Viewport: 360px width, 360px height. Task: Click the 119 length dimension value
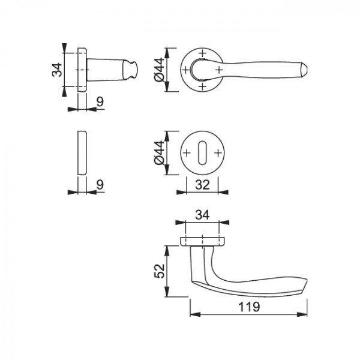[x=249, y=307]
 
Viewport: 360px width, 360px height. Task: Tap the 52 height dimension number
[x=160, y=271]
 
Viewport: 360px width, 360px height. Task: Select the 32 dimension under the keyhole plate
[x=202, y=185]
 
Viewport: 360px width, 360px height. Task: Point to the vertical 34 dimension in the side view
[x=57, y=70]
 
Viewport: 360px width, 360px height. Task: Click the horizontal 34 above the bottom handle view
[x=202, y=215]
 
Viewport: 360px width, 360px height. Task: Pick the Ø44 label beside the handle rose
[x=160, y=70]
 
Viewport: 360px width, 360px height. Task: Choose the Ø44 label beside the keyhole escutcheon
[x=160, y=152]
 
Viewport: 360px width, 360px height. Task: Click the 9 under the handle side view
[x=100, y=102]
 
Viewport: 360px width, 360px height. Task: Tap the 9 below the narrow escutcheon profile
[x=100, y=185]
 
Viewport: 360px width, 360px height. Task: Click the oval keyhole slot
[x=202, y=153]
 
